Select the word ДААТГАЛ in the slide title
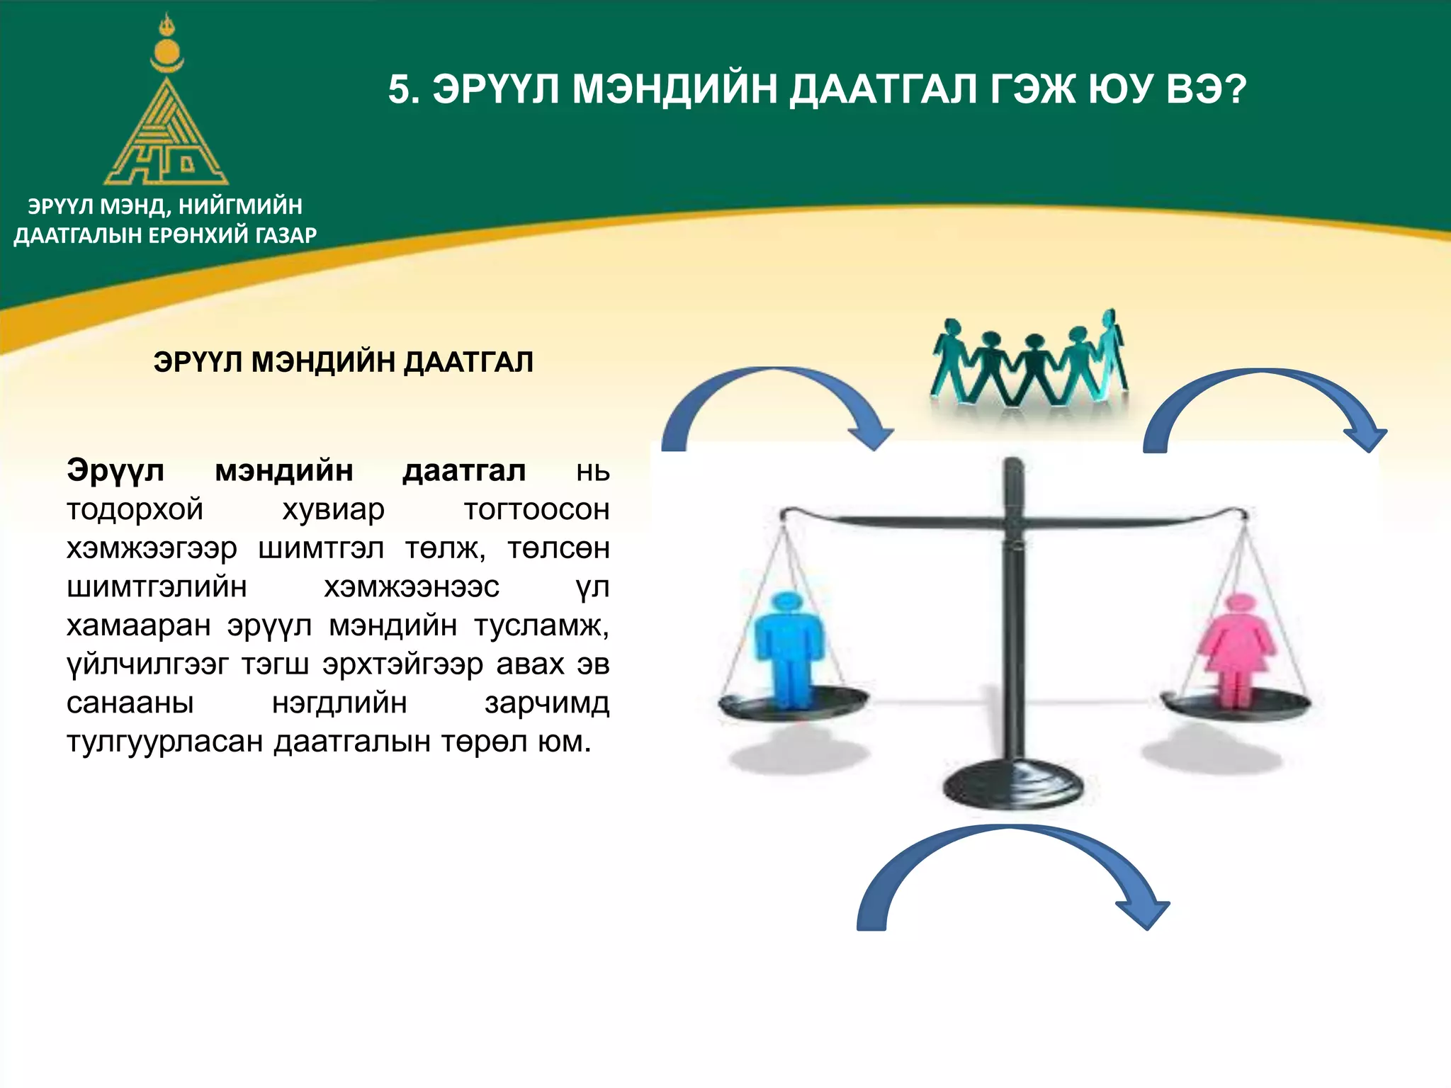(883, 90)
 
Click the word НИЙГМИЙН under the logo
(240, 206)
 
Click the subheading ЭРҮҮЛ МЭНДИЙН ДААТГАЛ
(343, 362)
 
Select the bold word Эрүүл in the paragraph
(115, 470)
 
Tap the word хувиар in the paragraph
(333, 509)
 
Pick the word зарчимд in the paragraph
(547, 703)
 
